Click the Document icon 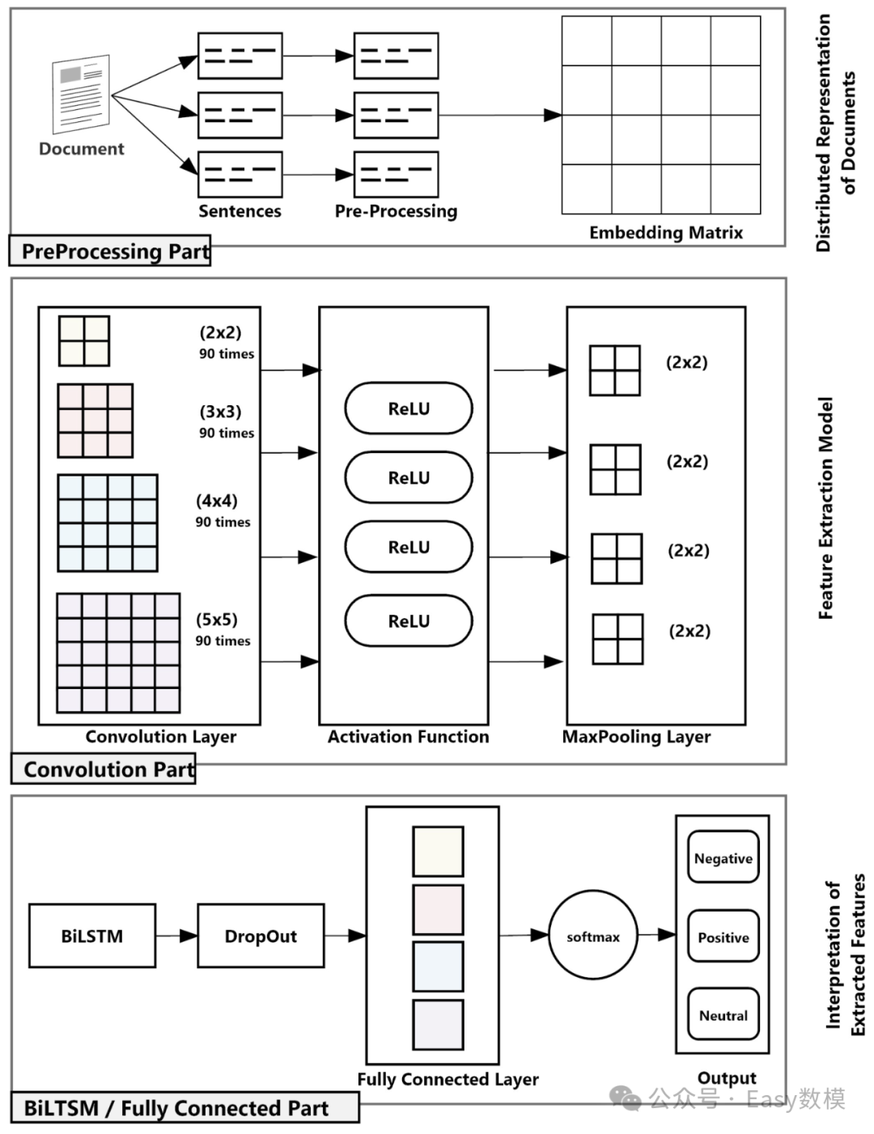(81, 94)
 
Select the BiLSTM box (92, 936)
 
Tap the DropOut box (261, 936)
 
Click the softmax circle (593, 937)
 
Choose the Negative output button (723, 858)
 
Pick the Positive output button (723, 937)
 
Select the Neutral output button (723, 1015)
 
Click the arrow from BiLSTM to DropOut (176, 936)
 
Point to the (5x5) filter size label (217, 620)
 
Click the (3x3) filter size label (220, 412)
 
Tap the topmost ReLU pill (409, 409)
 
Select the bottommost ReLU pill (409, 621)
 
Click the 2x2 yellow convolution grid (84, 341)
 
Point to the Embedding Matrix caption (665, 233)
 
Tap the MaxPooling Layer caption (636, 737)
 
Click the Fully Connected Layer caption (448, 1079)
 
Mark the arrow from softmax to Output (656, 935)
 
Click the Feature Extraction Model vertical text (825, 508)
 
